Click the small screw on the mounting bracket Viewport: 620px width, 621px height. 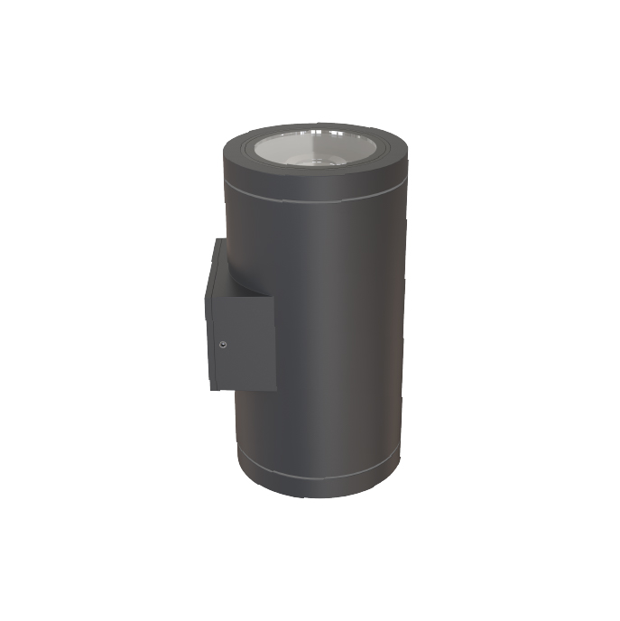pos(223,343)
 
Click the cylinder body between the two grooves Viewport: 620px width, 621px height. pos(334,343)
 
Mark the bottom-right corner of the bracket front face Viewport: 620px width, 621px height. pos(274,389)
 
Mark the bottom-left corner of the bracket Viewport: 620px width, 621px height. pos(210,389)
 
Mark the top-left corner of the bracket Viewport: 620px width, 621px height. pos(217,239)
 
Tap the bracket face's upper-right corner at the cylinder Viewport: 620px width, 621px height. pos(273,297)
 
